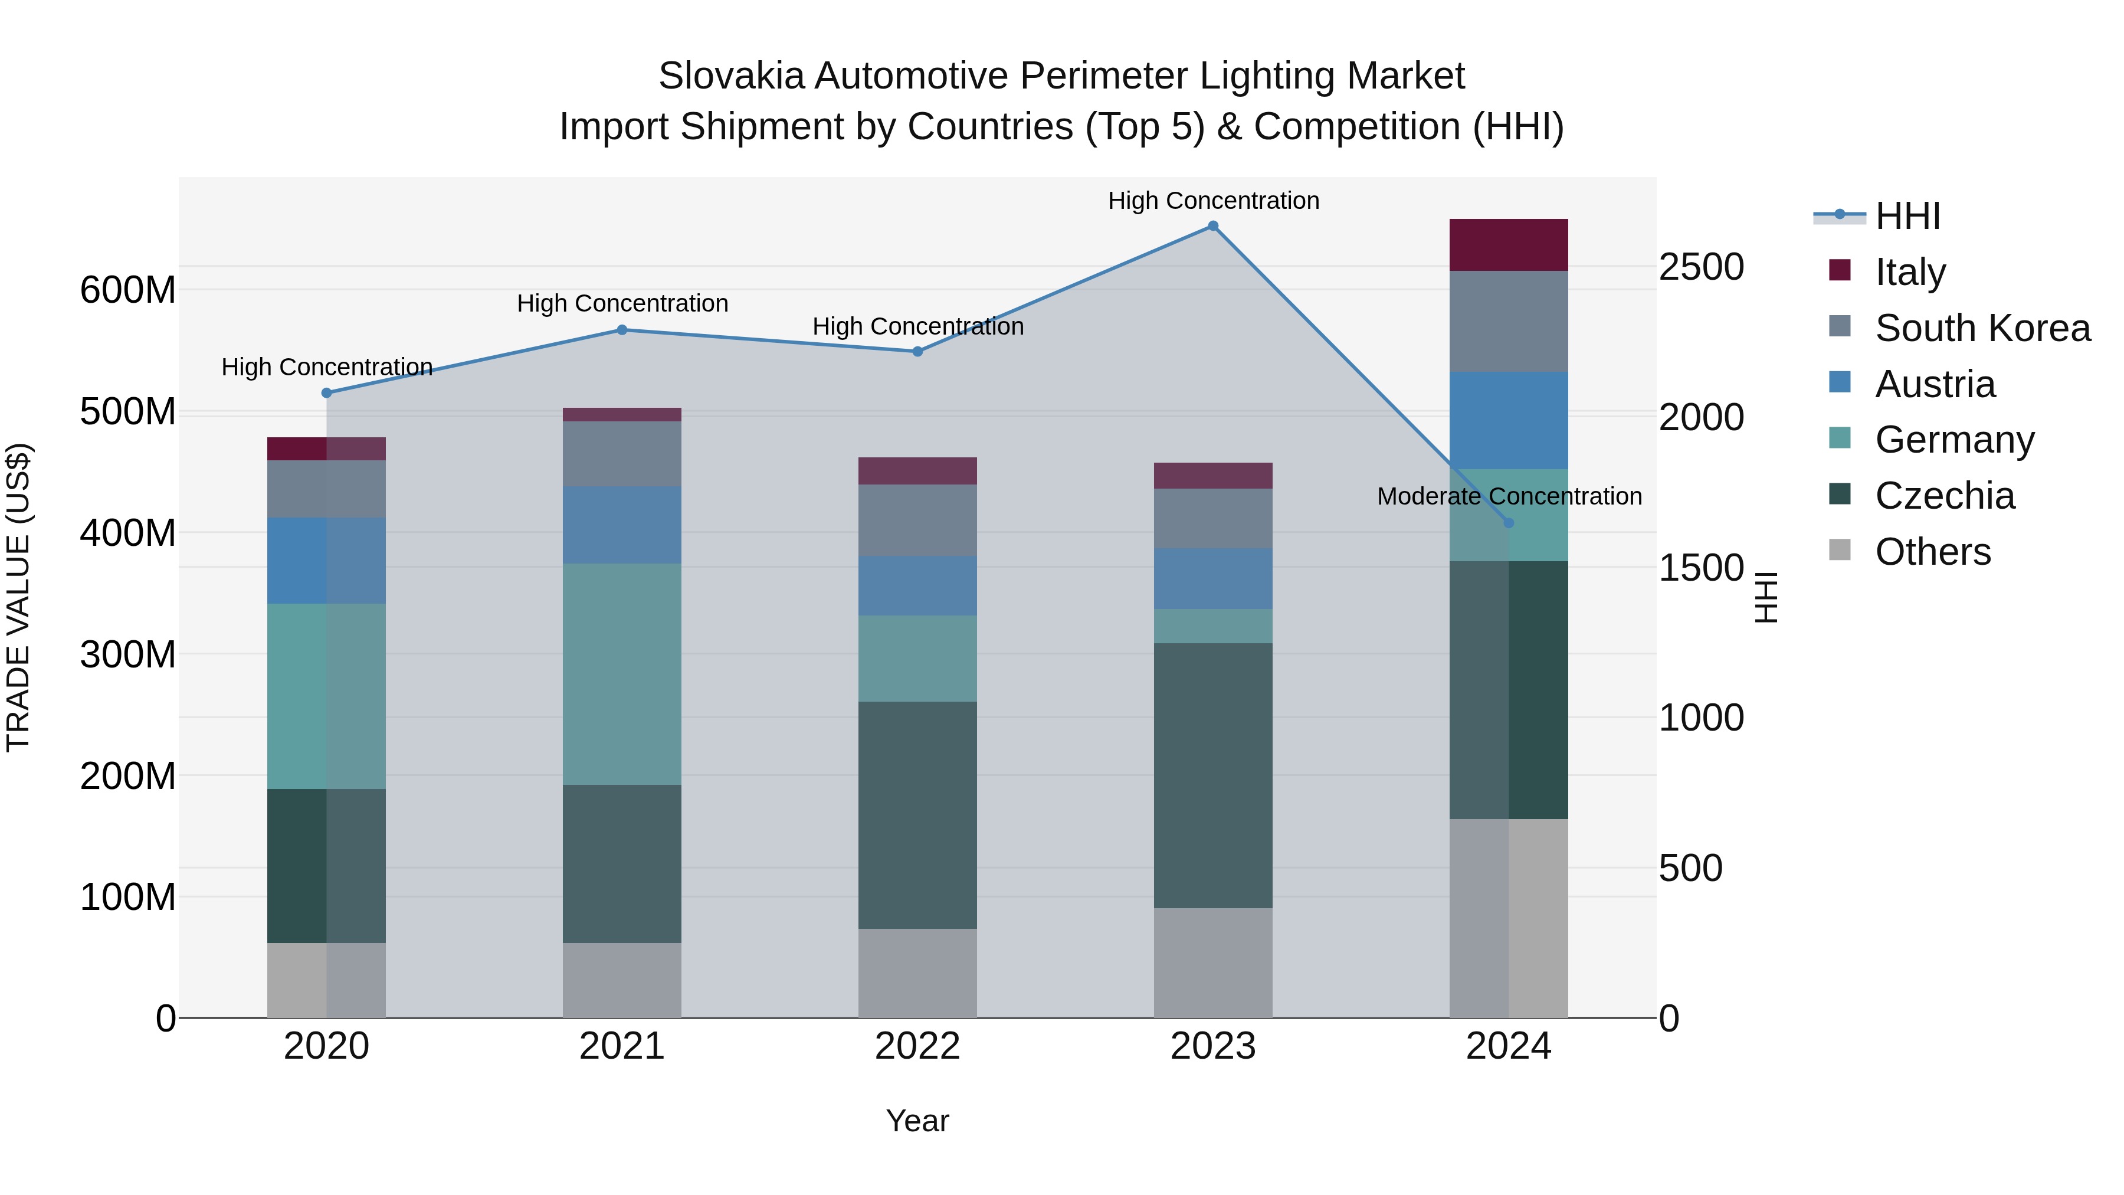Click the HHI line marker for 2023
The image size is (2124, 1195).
pyautogui.click(x=1213, y=226)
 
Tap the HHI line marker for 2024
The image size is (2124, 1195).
pyautogui.click(x=1509, y=523)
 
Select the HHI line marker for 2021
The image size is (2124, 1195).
pyautogui.click(x=622, y=330)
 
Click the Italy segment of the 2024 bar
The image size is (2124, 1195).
pyautogui.click(x=1509, y=245)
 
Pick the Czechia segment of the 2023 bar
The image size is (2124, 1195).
pyautogui.click(x=1213, y=775)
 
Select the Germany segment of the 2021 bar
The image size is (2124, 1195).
pyautogui.click(x=622, y=674)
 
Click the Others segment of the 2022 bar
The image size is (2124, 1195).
pyautogui.click(x=917, y=973)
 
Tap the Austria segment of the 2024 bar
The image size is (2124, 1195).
pyautogui.click(x=1509, y=421)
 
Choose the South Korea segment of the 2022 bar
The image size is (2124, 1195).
pyautogui.click(x=917, y=520)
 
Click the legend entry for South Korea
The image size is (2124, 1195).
pyautogui.click(x=1982, y=328)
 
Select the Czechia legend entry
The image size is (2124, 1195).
pyautogui.click(x=1944, y=496)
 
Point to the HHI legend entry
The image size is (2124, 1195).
pyautogui.click(x=1907, y=216)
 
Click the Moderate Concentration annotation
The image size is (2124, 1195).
pyautogui.click(x=1509, y=496)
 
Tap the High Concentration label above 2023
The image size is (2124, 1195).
pyautogui.click(x=1213, y=201)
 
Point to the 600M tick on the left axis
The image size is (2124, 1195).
pyautogui.click(x=128, y=290)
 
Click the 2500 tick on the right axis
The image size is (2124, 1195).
pyautogui.click(x=1701, y=267)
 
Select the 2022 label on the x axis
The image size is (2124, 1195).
pyautogui.click(x=917, y=1046)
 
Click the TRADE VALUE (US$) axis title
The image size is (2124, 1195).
pyautogui.click(x=18, y=597)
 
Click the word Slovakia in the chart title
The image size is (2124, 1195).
pyautogui.click(x=730, y=76)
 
